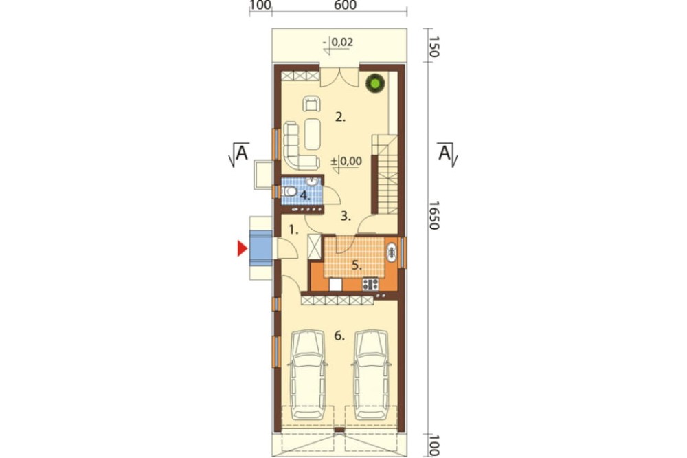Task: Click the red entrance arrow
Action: pyautogui.click(x=242, y=248)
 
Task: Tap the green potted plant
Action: pyautogui.click(x=375, y=83)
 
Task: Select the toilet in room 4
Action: pyautogui.click(x=289, y=192)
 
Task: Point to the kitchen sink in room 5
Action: pyautogui.click(x=392, y=252)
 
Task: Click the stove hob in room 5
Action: pyautogui.click(x=370, y=284)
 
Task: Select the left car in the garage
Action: pyautogui.click(x=308, y=375)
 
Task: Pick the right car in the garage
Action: pyautogui.click(x=372, y=375)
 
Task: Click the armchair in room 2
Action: pyautogui.click(x=311, y=104)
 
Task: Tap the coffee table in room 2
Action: pyautogui.click(x=313, y=134)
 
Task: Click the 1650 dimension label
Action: pyautogui.click(x=433, y=215)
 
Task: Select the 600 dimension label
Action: pyautogui.click(x=346, y=5)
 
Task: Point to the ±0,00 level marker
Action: pyautogui.click(x=346, y=162)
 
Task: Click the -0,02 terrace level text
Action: pyautogui.click(x=338, y=43)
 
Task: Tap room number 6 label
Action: pyautogui.click(x=339, y=336)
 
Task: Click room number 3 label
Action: pyautogui.click(x=346, y=216)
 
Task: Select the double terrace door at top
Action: pyautogui.click(x=339, y=77)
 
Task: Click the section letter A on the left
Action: pyautogui.click(x=242, y=153)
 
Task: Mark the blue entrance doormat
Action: pyautogui.click(x=260, y=248)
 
